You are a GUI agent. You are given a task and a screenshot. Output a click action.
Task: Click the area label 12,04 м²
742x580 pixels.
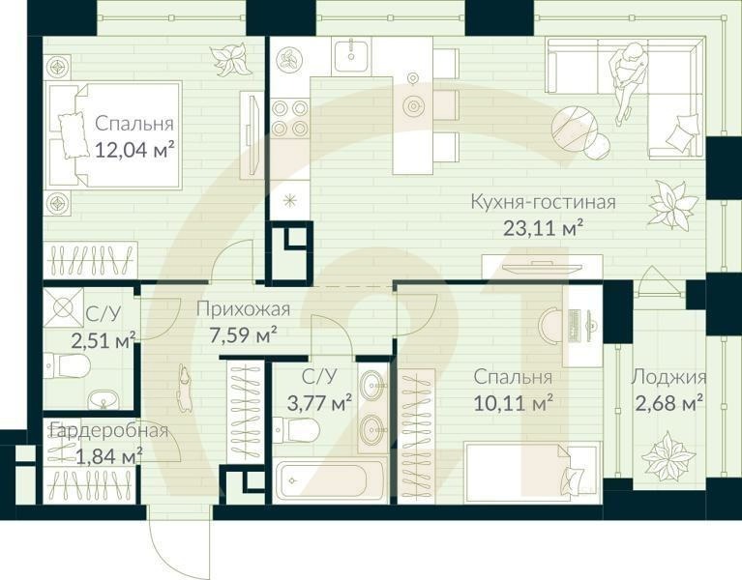pos(134,149)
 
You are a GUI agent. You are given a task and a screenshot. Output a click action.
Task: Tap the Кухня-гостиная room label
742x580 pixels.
pos(543,203)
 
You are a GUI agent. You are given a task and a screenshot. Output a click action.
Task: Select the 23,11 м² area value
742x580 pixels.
pos(543,228)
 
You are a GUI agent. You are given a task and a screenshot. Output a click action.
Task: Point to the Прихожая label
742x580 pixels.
pos(243,310)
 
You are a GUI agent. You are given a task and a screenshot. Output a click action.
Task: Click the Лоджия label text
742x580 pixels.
pos(668,378)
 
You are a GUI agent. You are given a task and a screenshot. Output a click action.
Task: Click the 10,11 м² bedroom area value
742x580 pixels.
pos(513,401)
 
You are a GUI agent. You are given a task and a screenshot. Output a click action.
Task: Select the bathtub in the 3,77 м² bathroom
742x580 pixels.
pos(329,480)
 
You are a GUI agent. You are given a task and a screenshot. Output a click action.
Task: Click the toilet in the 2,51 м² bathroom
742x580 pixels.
pos(68,365)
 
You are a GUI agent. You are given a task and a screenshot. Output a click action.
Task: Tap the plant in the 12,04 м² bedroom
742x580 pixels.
pos(230,60)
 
